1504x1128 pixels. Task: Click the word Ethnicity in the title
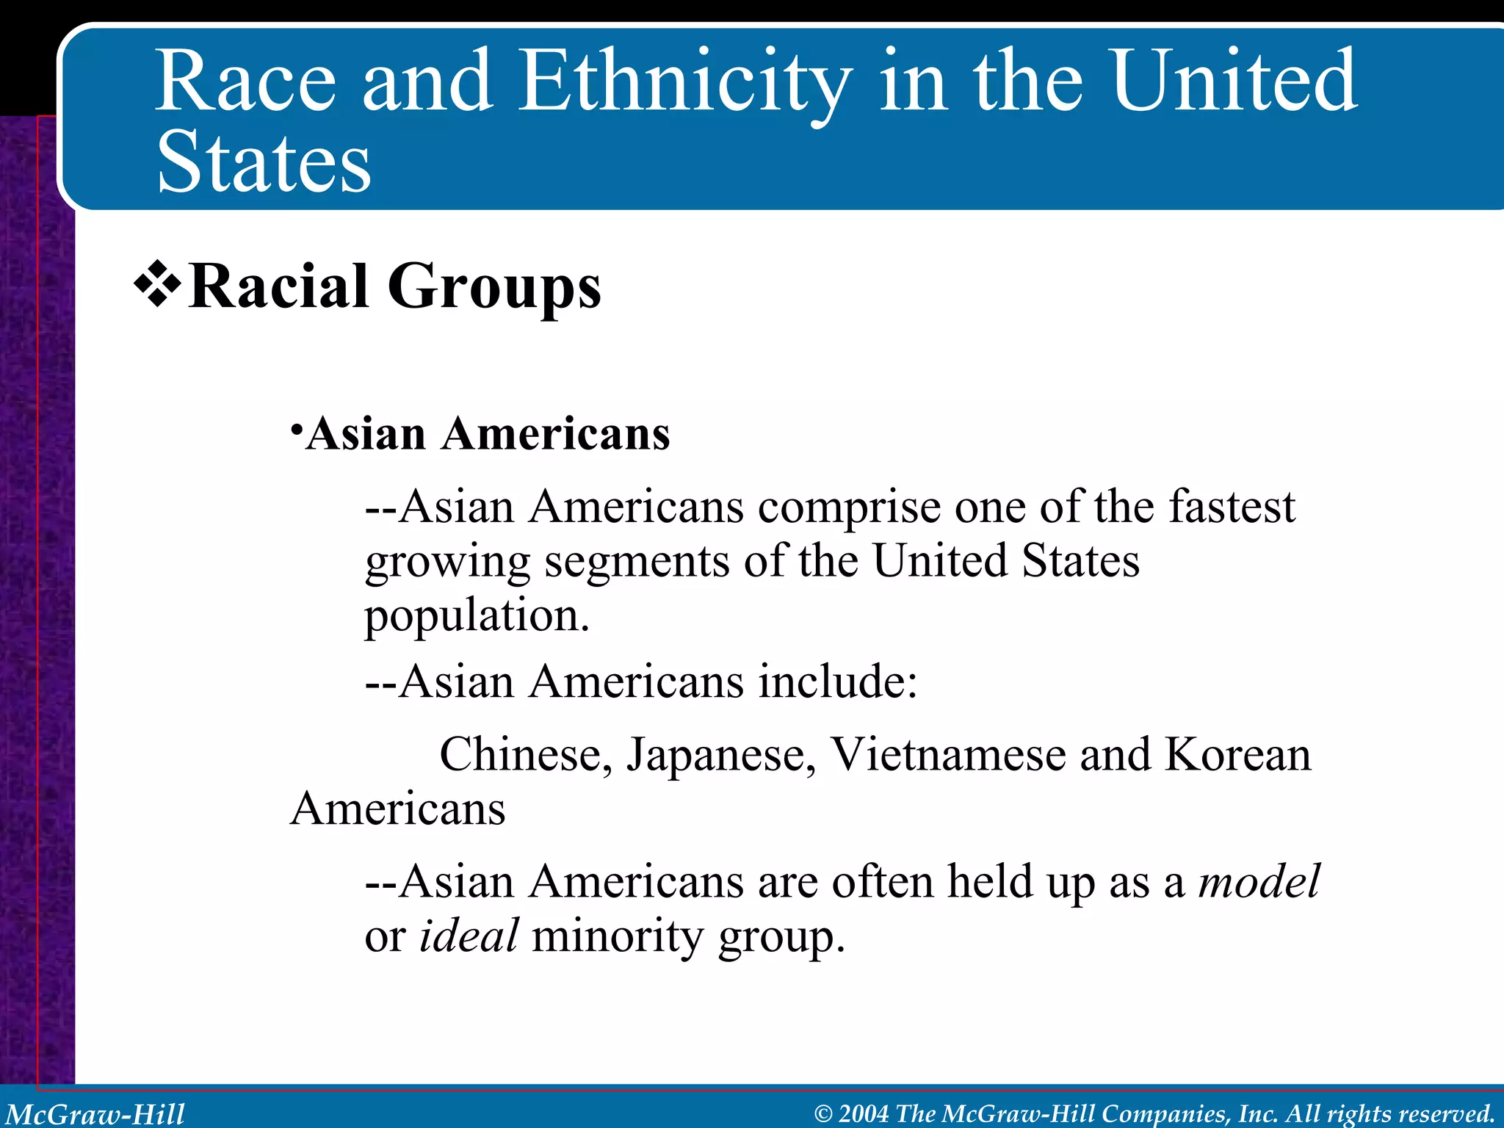pyautogui.click(x=685, y=82)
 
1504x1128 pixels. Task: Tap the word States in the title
pyautogui.click(x=264, y=163)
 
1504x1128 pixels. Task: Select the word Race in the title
pyautogui.click(x=245, y=82)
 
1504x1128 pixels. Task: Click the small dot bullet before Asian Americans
pyautogui.click(x=295, y=428)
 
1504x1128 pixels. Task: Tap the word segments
pyautogui.click(x=637, y=562)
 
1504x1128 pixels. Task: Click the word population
pyautogui.click(x=477, y=615)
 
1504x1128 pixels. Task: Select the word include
pyautogui.click(x=837, y=681)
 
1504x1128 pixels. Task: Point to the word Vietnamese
pyautogui.click(x=947, y=754)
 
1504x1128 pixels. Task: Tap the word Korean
pyautogui.click(x=1237, y=754)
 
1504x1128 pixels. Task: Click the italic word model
pyautogui.click(x=1259, y=881)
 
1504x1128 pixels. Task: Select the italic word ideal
pyautogui.click(x=469, y=936)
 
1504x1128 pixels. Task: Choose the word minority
pyautogui.click(x=618, y=936)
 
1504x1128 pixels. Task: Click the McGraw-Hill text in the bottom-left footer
pyautogui.click(x=95, y=1114)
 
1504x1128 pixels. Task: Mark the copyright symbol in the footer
pyautogui.click(x=823, y=1114)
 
